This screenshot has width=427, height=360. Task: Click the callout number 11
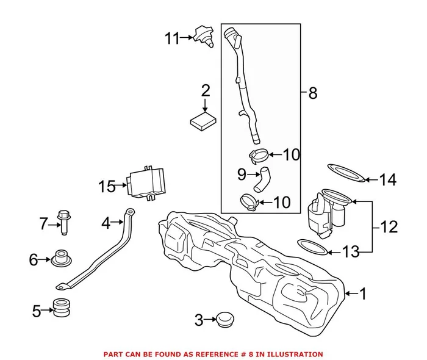pos(171,38)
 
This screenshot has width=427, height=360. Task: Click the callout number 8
pos(312,93)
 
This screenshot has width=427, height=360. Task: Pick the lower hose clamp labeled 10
pos(248,201)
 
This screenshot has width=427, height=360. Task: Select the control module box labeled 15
pos(146,183)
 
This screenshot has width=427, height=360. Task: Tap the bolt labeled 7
pos(63,221)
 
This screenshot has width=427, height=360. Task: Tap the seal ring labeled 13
pos(311,248)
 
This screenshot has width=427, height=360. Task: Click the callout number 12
pos(388,227)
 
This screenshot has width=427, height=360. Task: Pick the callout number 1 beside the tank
pos(363,294)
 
